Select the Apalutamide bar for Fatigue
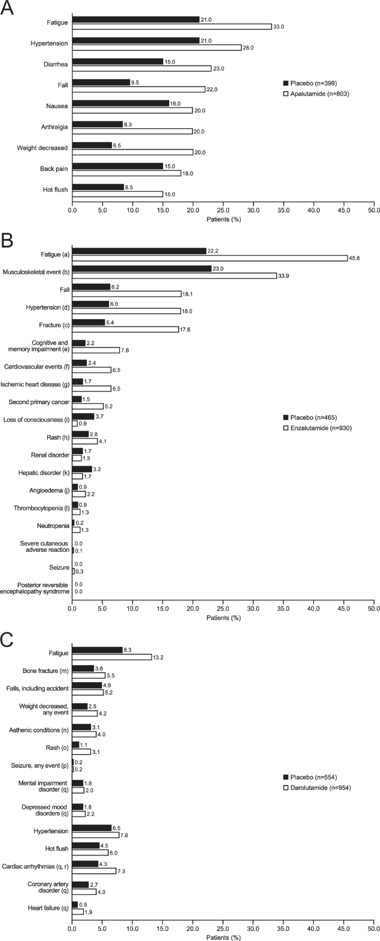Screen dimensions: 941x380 pyautogui.click(x=171, y=27)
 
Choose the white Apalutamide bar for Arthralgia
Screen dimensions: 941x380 pyautogui.click(x=132, y=131)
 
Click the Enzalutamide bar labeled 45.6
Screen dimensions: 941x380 pyautogui.click(x=209, y=258)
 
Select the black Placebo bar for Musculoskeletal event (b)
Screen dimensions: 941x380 pyautogui.click(x=141, y=269)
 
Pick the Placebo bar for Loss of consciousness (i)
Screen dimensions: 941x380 pyautogui.click(x=83, y=416)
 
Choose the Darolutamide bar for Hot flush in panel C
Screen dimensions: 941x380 pyautogui.click(x=90, y=852)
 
